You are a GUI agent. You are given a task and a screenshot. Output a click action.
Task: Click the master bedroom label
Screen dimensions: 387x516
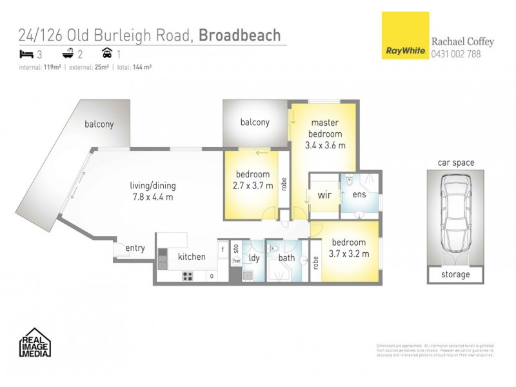(325, 128)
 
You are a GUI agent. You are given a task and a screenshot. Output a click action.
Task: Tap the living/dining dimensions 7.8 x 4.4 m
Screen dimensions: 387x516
(152, 197)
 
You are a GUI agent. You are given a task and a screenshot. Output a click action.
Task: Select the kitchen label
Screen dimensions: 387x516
(192, 257)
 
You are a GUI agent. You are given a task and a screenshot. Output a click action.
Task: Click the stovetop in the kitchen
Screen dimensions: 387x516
(188, 276)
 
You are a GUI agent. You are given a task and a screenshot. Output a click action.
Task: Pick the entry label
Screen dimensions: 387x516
(135, 248)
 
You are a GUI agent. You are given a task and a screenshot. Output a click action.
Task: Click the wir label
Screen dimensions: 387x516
(324, 195)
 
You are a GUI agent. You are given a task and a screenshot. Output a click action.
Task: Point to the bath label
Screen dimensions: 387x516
(286, 259)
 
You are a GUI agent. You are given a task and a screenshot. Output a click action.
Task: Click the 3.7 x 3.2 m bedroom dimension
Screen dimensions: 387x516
(350, 253)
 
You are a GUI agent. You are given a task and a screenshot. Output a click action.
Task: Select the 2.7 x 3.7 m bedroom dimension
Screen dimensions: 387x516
(252, 185)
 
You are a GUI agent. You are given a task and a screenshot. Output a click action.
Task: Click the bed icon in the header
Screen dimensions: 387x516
(26, 54)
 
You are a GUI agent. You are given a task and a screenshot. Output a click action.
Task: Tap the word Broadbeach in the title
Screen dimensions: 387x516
(239, 35)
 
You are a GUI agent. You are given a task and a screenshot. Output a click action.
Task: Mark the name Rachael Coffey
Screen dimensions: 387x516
(462, 42)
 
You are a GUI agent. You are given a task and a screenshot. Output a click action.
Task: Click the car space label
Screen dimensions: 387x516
(456, 163)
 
